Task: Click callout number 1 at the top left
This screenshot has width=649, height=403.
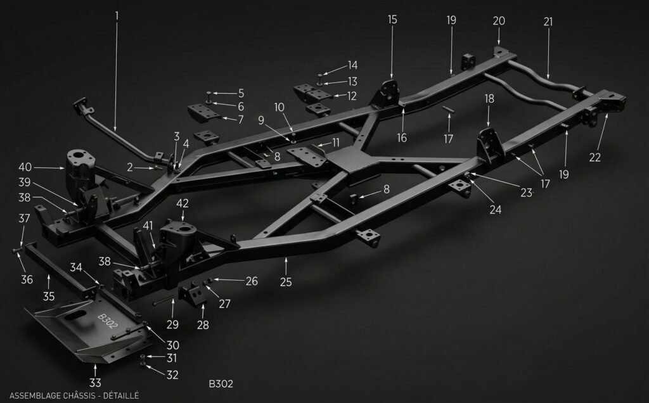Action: [x=117, y=14]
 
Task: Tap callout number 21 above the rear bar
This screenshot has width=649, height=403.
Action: [x=548, y=22]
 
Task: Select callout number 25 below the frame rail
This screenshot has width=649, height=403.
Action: [x=286, y=282]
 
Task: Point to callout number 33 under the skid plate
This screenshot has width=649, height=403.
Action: [x=95, y=383]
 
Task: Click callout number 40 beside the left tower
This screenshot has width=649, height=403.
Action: [x=25, y=167]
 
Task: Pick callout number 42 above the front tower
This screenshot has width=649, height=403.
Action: [x=183, y=203]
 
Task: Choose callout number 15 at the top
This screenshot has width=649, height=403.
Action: [x=392, y=20]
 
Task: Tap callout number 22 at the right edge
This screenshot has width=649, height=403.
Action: [x=594, y=158]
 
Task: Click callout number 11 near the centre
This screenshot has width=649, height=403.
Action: [x=336, y=142]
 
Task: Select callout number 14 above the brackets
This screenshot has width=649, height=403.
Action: [x=352, y=65]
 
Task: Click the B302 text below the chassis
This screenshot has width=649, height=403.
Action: [x=221, y=383]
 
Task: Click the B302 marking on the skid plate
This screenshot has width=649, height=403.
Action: [x=108, y=321]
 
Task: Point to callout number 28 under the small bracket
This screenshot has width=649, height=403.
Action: [x=203, y=324]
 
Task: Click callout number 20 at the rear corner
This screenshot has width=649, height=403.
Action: [x=499, y=21]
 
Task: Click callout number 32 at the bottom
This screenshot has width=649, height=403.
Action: [x=172, y=374]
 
